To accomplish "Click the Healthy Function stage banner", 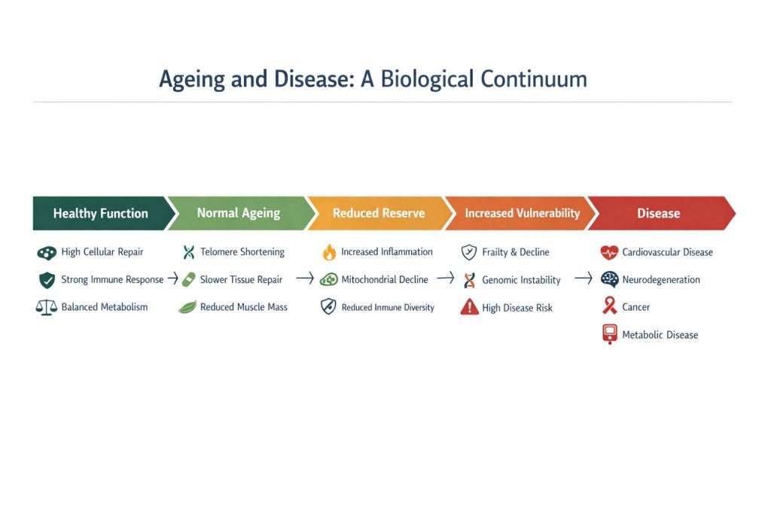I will coord(100,214).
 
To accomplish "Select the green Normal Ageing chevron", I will coord(238,214).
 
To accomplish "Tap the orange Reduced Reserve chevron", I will coord(379,214).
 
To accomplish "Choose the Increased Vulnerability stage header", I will coord(522,214).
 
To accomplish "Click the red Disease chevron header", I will coord(659,214).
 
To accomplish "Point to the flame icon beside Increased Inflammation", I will coord(328,252).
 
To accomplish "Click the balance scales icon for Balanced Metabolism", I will coord(47,307).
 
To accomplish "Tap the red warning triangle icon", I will coord(469,307).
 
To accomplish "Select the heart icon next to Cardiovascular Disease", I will coord(610,253).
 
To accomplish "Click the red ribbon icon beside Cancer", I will coord(610,307).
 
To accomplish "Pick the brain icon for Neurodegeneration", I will coord(610,280).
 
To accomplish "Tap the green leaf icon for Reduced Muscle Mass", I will coord(187,307).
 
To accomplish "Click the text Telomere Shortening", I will coord(242,252).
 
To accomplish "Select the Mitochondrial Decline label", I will coord(384,280).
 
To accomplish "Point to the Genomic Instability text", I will coord(521,280).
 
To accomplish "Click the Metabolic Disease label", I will coord(660,335).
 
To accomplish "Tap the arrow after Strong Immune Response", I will coord(172,279).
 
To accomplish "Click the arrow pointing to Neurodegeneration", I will coord(584,279).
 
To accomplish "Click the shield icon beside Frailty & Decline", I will coord(469,252).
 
